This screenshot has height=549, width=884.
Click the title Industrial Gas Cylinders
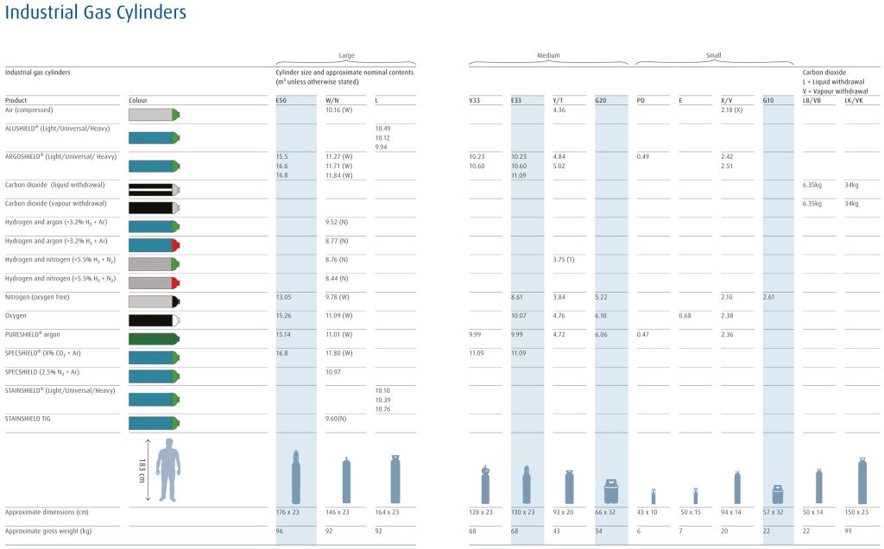[95, 13]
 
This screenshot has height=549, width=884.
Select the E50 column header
[281, 100]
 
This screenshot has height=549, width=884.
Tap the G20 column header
[602, 100]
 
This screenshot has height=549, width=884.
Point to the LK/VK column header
[855, 100]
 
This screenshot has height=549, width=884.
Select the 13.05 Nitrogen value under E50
[284, 296]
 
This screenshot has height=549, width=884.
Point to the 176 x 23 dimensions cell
[287, 512]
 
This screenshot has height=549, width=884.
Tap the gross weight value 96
[280, 530]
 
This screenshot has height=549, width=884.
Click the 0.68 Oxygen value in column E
[685, 315]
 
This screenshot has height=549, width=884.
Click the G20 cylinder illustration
[609, 490]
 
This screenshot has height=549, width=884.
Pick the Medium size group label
[548, 55]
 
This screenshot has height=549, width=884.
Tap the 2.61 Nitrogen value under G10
[769, 296]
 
